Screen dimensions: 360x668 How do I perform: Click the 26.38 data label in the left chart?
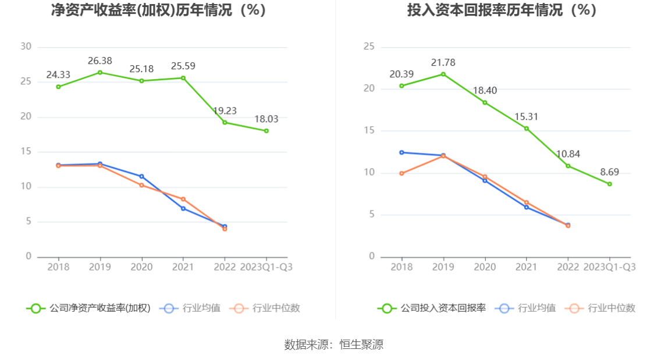[x=100, y=60]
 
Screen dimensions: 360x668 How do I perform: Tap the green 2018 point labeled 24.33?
[x=58, y=87]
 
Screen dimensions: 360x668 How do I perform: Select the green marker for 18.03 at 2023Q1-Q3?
[x=266, y=131]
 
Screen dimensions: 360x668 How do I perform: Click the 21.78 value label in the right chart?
[x=443, y=62]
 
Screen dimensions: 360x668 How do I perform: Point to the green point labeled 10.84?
[x=568, y=166]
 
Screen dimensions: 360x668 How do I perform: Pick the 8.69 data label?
[x=609, y=172]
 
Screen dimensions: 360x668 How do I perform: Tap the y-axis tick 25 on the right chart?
[x=368, y=47]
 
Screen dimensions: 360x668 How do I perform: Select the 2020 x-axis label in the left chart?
[x=141, y=267]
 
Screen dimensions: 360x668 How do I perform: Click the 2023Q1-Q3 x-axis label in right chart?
[x=609, y=267]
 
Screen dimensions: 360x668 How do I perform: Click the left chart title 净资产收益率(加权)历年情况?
[x=159, y=10]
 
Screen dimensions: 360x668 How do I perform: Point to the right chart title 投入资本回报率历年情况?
[x=502, y=10]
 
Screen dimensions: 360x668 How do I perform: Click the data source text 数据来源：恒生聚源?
[x=333, y=344]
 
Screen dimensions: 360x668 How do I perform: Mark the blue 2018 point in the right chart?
[x=401, y=152]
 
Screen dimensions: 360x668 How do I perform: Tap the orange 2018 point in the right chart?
[x=401, y=173]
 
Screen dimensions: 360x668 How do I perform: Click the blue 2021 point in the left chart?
[x=183, y=208]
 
